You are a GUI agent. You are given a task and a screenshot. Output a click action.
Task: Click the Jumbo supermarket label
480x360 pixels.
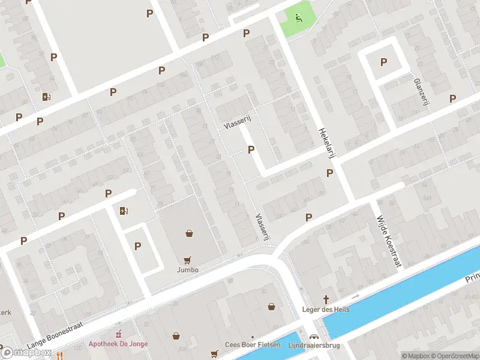[x=188, y=270]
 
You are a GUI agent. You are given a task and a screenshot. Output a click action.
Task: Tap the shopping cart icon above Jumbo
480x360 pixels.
[x=188, y=260]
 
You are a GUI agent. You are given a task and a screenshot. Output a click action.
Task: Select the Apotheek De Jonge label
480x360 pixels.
[x=118, y=344]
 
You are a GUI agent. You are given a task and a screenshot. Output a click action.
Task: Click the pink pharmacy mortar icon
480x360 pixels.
[x=118, y=334]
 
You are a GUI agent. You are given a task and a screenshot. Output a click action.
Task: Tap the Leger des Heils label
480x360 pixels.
[x=326, y=310]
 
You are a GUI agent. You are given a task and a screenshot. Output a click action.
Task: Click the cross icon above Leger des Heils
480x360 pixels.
[x=326, y=299]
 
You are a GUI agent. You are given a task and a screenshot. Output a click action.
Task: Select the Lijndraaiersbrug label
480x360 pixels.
[x=314, y=345]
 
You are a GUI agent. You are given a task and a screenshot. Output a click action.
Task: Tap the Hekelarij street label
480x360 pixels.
[x=325, y=143]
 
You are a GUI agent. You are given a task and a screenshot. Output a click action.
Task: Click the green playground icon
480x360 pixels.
[x=298, y=17]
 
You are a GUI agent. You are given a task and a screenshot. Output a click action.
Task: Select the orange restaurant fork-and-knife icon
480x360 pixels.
[x=59, y=355]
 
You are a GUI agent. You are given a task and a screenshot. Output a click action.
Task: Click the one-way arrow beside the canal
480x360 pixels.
[x=355, y=296]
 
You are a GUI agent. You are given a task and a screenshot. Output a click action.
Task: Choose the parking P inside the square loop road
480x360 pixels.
[x=383, y=62]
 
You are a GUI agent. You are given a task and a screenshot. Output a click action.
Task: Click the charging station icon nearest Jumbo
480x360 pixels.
[x=124, y=211]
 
